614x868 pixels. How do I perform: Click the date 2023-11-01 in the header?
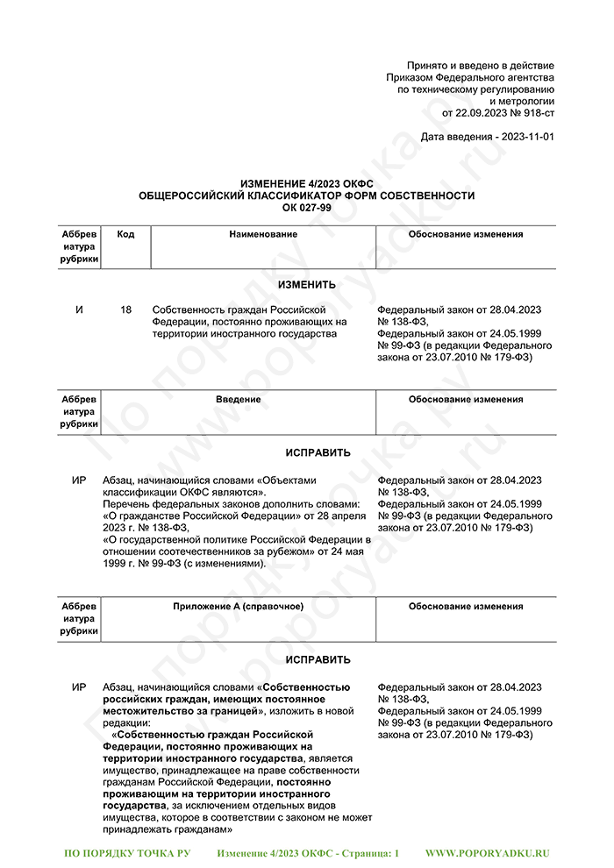click(x=524, y=138)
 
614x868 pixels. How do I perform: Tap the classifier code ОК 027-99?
click(x=306, y=207)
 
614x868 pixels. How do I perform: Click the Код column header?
click(x=125, y=235)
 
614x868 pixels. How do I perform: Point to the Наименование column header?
click(x=263, y=235)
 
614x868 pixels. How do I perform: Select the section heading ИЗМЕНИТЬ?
click(x=306, y=285)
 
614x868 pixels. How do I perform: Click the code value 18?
click(x=125, y=310)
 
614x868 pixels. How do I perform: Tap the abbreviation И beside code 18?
click(x=79, y=310)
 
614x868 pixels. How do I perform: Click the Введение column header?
click(x=238, y=400)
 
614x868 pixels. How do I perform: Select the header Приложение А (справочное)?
click(x=238, y=607)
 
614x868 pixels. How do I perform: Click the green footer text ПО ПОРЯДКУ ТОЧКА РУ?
click(x=128, y=852)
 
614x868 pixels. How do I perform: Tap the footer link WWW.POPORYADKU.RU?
click(x=487, y=852)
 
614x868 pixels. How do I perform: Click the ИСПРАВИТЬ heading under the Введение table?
click(x=306, y=453)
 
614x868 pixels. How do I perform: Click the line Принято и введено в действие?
click(x=481, y=67)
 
